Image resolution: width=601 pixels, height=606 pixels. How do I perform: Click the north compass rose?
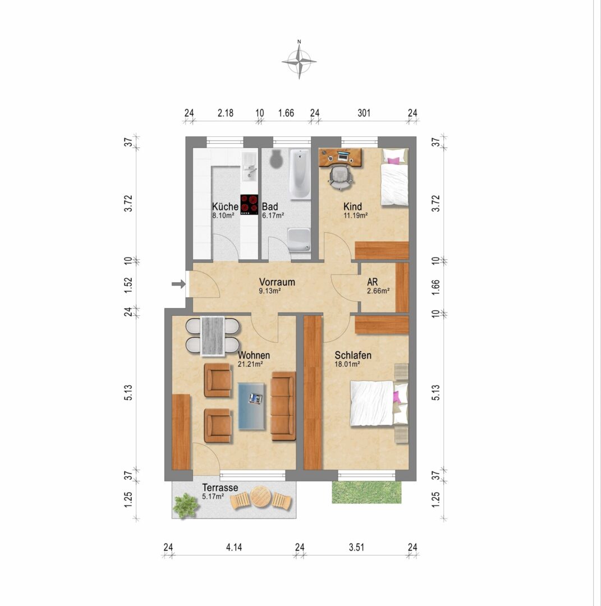click(299, 61)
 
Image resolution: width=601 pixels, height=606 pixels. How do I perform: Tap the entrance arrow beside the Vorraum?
click(178, 284)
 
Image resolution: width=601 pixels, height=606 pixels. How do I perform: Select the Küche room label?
click(225, 206)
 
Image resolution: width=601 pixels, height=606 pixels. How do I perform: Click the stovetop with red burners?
click(249, 204)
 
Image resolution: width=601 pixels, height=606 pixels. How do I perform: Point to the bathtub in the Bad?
click(300, 175)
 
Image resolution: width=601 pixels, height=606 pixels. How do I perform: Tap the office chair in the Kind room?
click(341, 177)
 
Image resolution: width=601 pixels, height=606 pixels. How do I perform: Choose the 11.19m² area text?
click(356, 215)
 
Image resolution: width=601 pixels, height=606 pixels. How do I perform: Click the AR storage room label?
click(372, 282)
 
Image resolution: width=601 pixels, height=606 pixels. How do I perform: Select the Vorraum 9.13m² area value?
click(270, 291)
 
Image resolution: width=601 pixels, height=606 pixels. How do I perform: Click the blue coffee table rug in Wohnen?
click(252, 406)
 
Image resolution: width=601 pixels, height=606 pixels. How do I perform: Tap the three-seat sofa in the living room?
click(283, 406)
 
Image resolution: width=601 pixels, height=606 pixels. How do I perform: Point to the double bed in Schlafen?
click(379, 403)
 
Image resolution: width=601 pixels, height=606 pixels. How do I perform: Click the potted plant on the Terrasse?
click(186, 505)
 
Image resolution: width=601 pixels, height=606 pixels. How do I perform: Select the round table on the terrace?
click(260, 497)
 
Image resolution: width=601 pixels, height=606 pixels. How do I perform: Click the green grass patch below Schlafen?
click(366, 493)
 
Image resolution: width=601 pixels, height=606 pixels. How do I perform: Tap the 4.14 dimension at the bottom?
click(234, 547)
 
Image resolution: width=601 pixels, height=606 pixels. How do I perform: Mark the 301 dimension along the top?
click(364, 113)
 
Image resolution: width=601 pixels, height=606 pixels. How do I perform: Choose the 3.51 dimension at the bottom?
click(356, 547)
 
